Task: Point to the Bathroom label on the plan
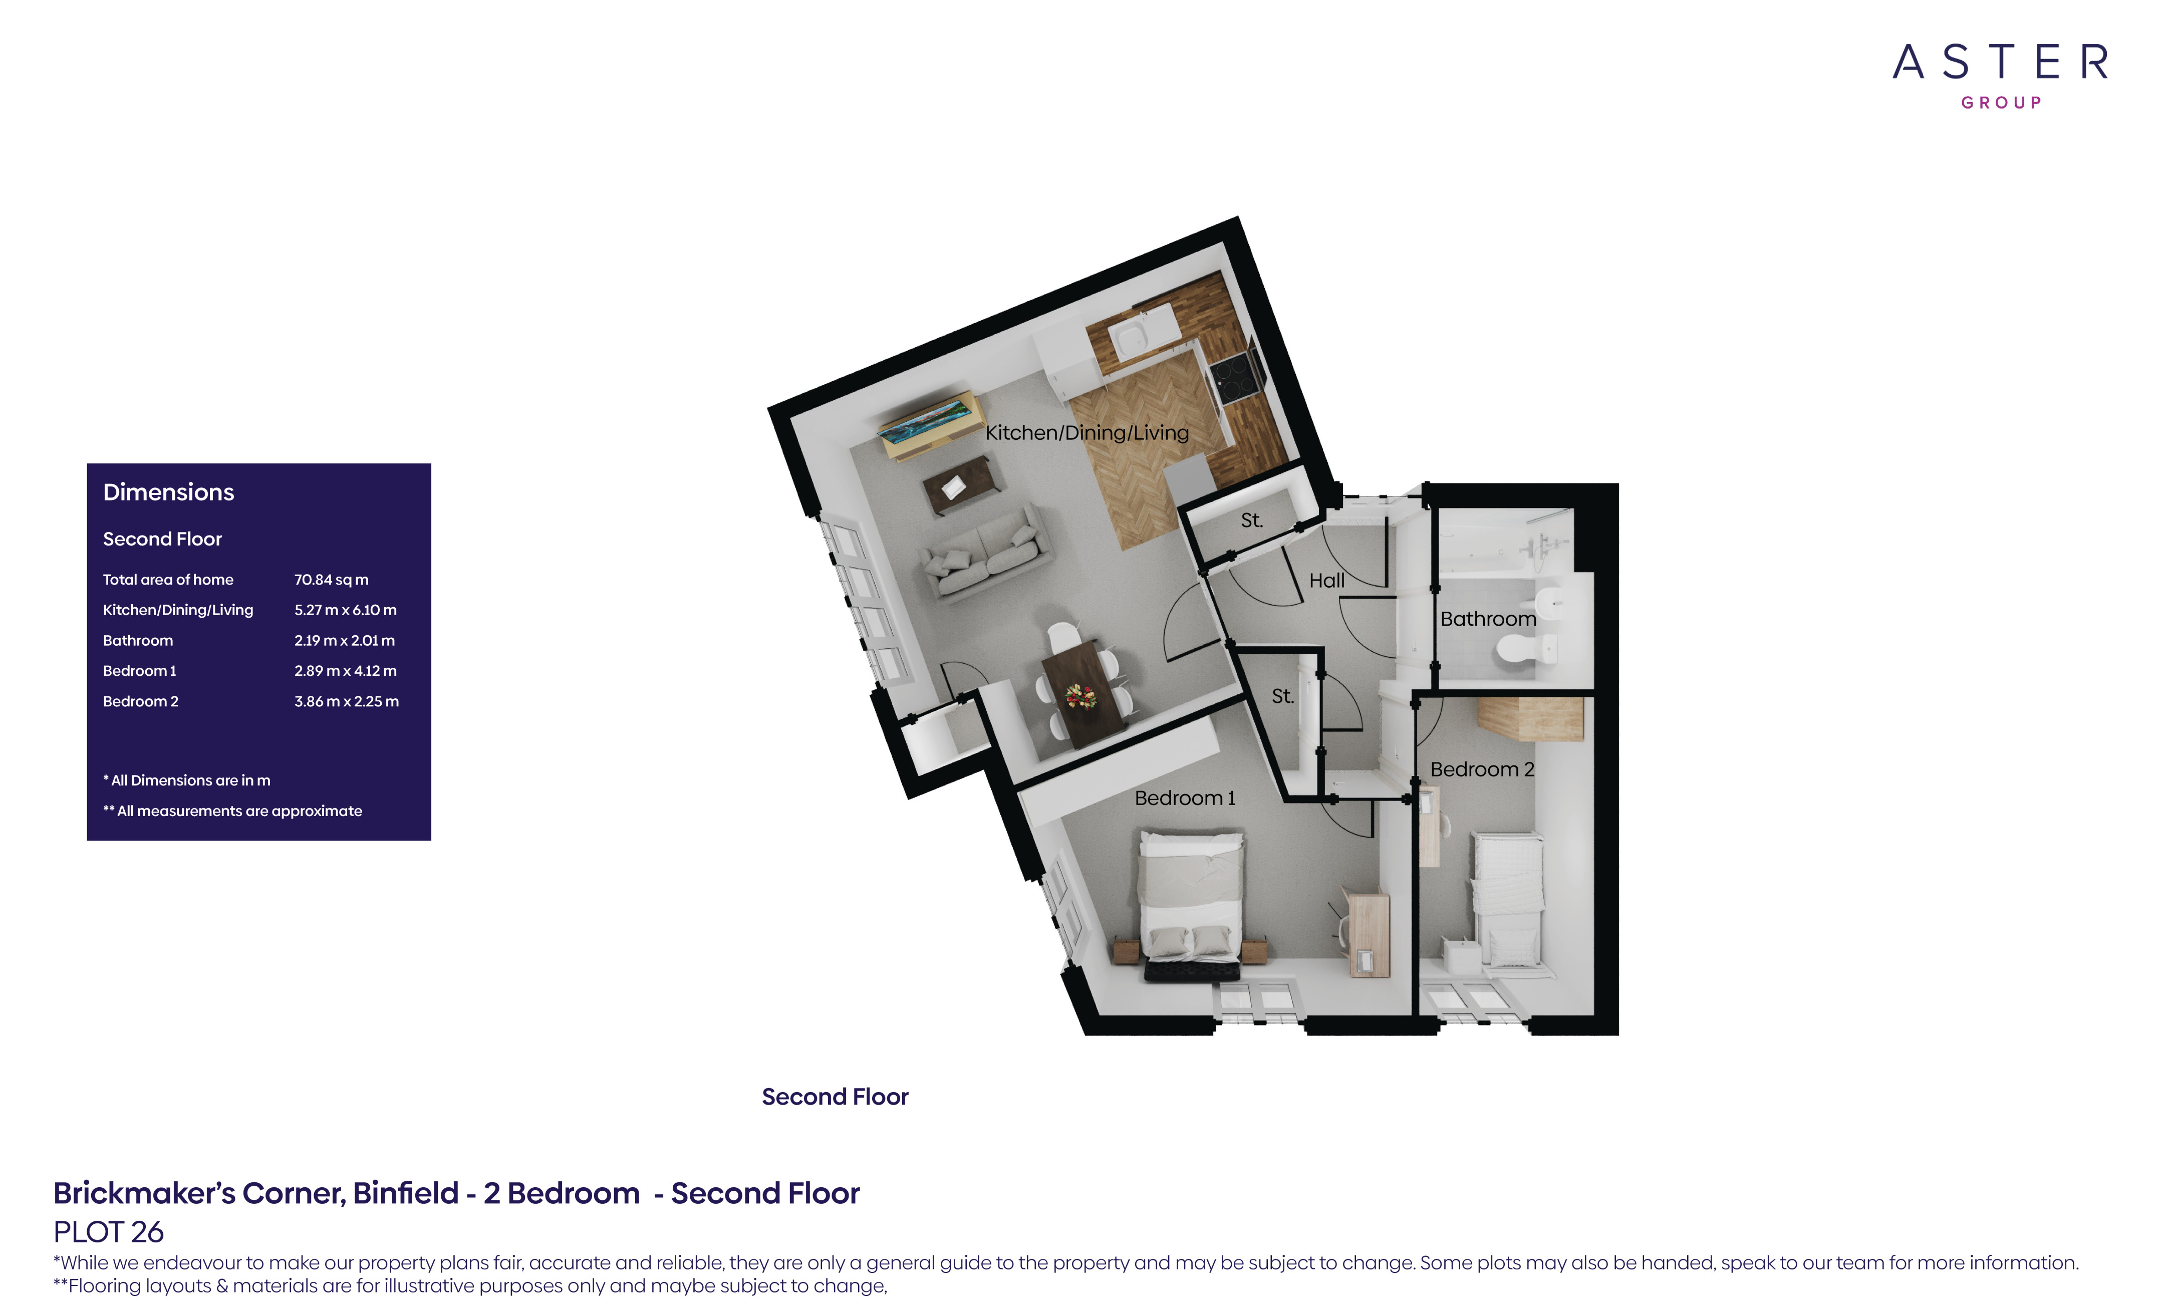coord(1488,619)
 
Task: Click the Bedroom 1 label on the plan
coord(1185,798)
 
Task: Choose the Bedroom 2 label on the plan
coord(1482,769)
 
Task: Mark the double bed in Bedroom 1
coord(1192,905)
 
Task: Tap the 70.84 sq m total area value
coord(331,580)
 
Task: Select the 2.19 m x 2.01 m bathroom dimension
coord(344,640)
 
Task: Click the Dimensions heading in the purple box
coord(169,492)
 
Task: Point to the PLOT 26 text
coord(108,1232)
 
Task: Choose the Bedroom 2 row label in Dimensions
coord(141,701)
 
